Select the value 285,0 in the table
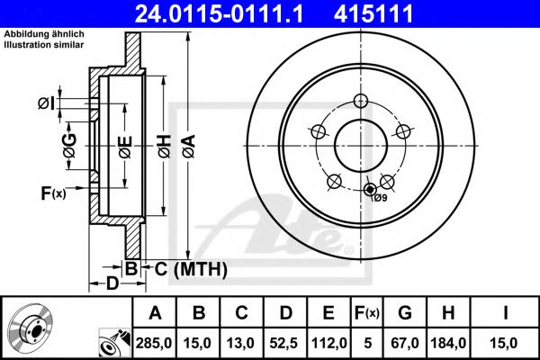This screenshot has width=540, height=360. point(155,342)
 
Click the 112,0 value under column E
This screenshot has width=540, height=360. point(328,342)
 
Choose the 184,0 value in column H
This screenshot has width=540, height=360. point(447,342)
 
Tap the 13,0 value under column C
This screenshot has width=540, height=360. point(241,342)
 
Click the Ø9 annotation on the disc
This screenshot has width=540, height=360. point(380,197)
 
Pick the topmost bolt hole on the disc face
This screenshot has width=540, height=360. point(361,101)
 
